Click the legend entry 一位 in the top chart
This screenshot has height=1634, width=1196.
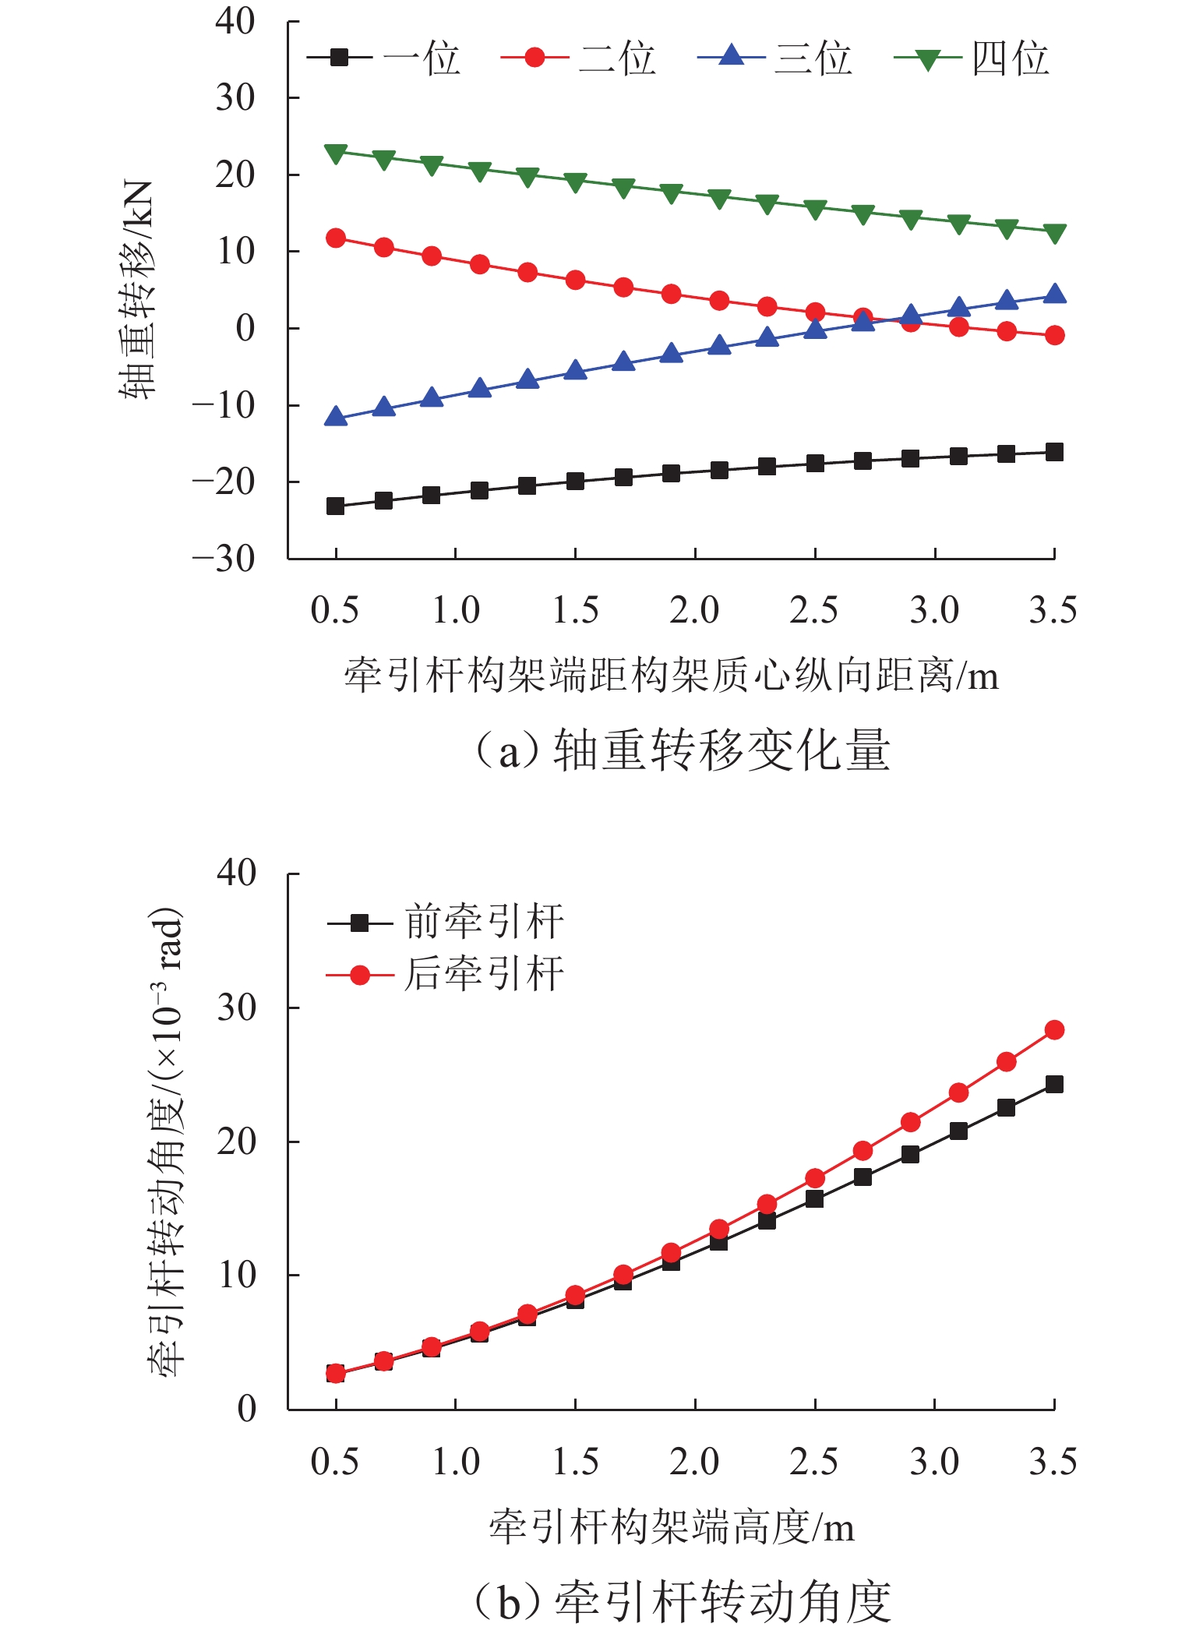(x=385, y=58)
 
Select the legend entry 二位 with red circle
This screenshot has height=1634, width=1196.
(x=579, y=58)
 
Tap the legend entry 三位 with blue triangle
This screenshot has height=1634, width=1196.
(x=775, y=58)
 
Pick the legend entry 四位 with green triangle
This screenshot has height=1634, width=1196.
(x=972, y=58)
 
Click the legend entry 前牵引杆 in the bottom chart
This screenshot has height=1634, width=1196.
(x=446, y=923)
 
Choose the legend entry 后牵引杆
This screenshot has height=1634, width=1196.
(x=446, y=975)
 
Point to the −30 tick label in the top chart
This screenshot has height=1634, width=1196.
(x=224, y=559)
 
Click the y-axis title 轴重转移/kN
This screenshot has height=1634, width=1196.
(x=137, y=290)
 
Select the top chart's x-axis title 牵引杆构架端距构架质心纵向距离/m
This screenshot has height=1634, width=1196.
(x=671, y=676)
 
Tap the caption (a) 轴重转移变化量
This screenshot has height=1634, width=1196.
(x=682, y=750)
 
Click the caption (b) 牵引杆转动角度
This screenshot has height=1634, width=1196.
(x=682, y=1601)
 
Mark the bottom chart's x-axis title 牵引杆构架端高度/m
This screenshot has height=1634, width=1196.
(x=671, y=1527)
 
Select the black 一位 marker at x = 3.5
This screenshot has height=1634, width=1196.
(x=1054, y=452)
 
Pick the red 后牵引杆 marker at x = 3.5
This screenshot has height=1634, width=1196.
(x=1054, y=1030)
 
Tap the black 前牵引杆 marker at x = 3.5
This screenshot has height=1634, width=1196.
(x=1054, y=1084)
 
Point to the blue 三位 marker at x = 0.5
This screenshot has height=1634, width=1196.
(x=336, y=417)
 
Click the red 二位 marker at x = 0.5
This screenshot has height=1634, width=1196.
(x=336, y=238)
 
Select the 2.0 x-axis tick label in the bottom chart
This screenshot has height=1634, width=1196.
(x=694, y=1462)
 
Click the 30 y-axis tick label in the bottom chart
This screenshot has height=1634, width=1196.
(x=237, y=1008)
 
